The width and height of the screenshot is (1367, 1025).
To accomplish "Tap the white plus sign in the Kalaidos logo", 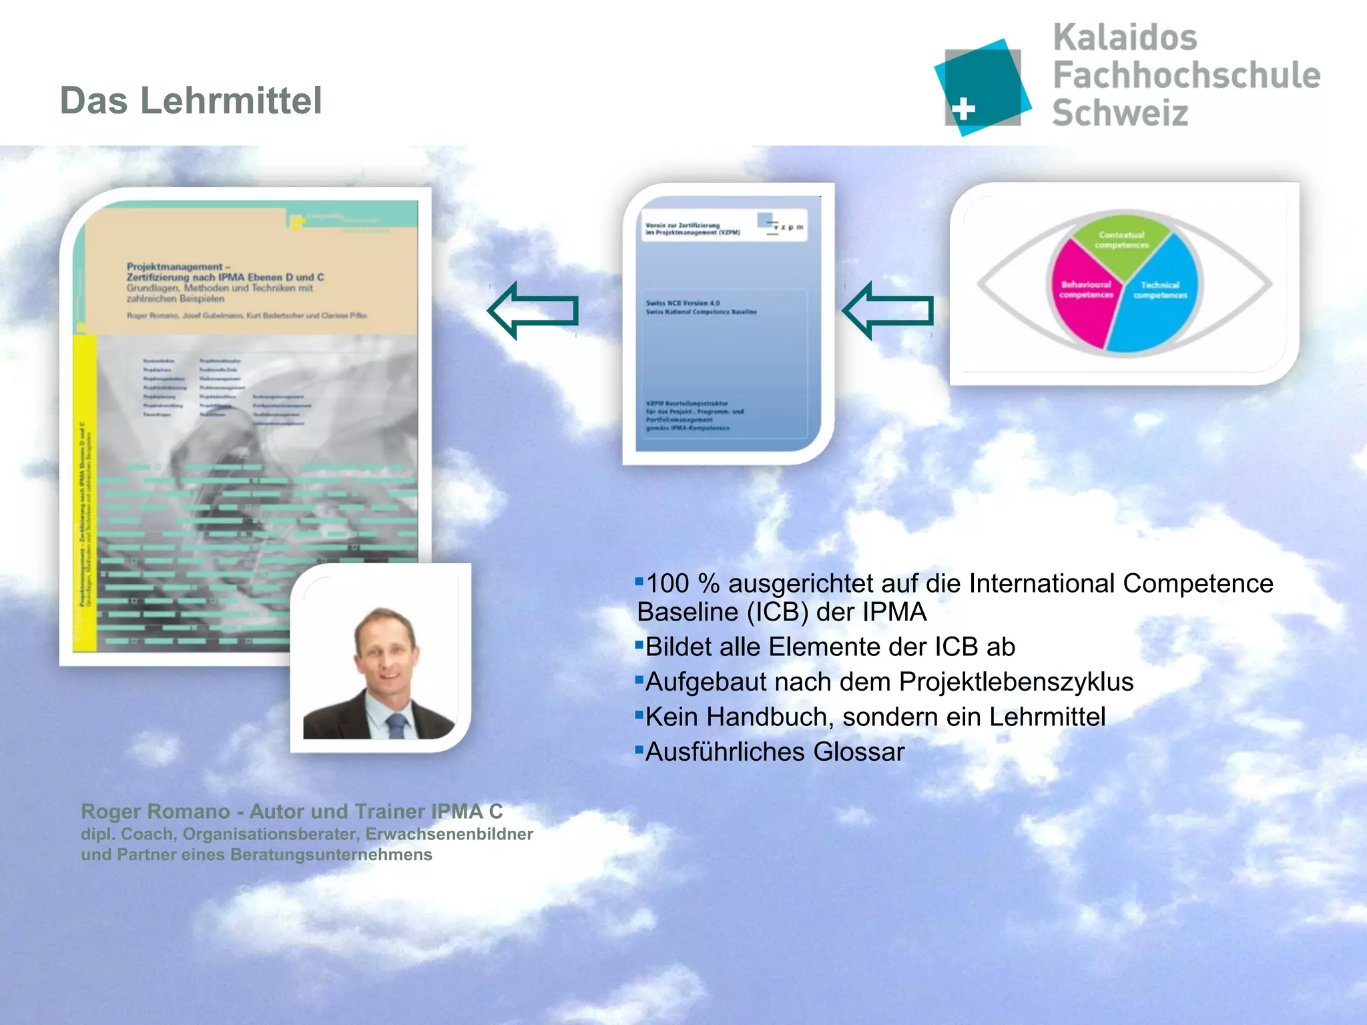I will tap(963, 109).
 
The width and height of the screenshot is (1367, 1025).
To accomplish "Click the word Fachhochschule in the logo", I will tap(1186, 75).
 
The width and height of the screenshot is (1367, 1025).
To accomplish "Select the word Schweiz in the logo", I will tap(1120, 112).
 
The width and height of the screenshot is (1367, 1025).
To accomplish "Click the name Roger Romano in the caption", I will tap(155, 811).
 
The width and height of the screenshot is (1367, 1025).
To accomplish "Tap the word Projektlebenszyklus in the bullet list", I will tap(1016, 682).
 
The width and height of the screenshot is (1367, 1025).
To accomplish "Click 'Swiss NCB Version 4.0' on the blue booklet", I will tap(682, 303).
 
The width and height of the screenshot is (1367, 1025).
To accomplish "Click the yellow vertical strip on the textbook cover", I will tap(85, 494).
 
